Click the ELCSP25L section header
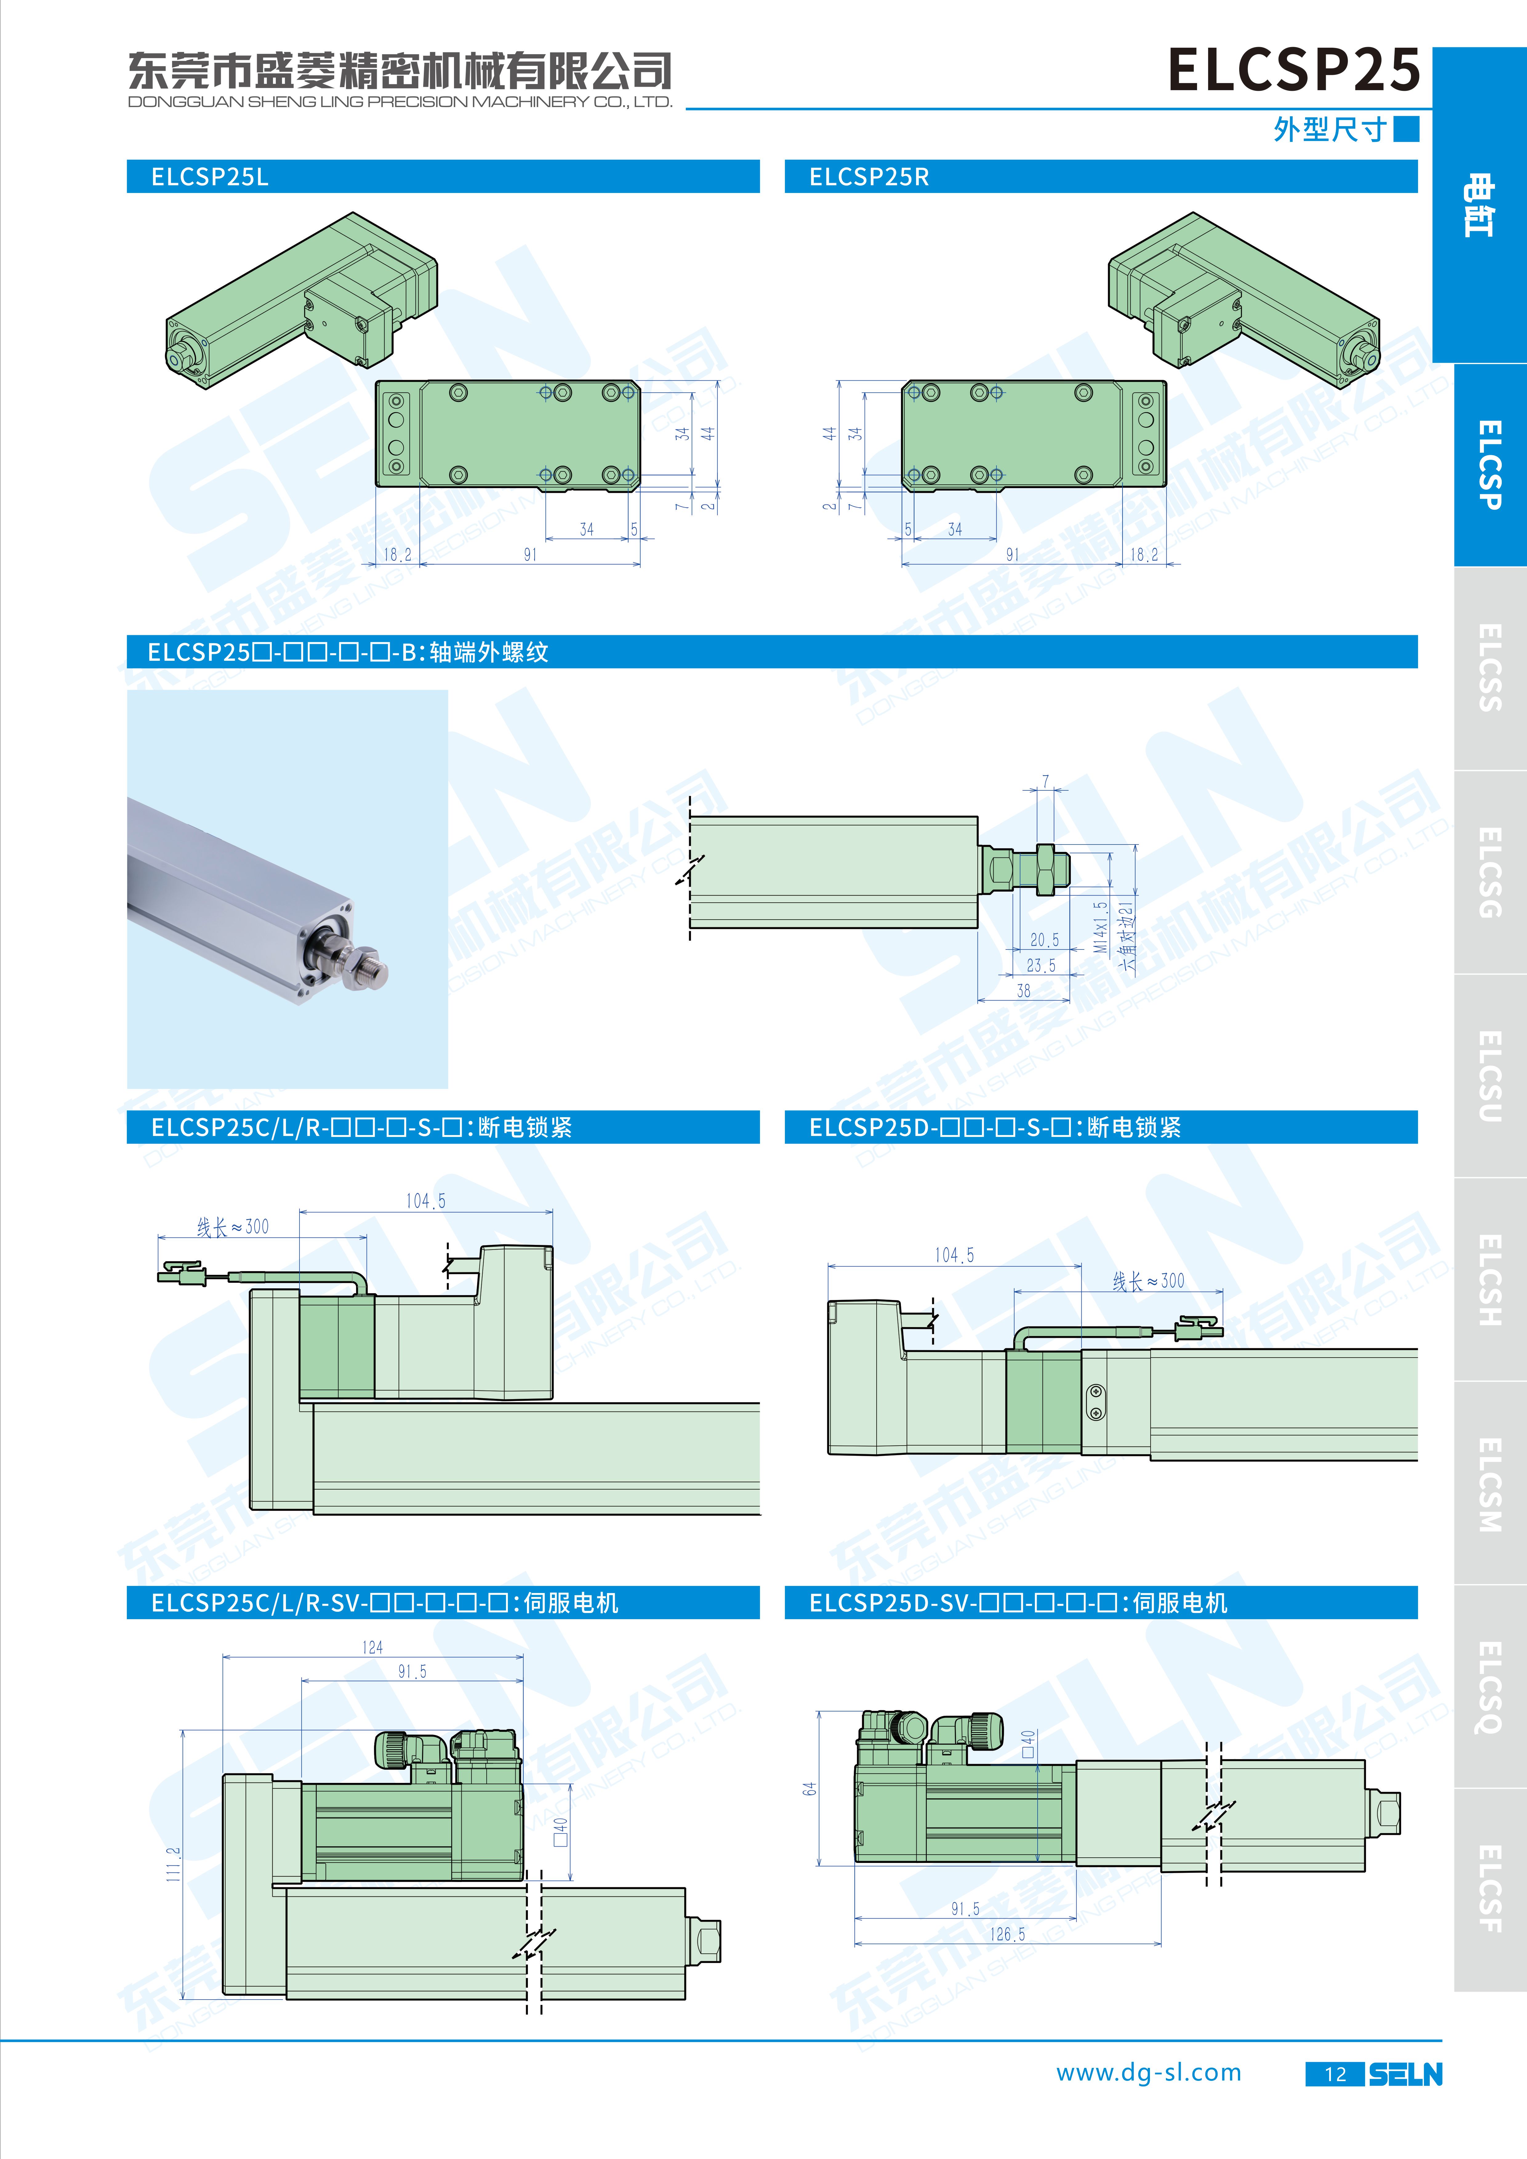[210, 177]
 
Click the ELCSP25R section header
[869, 177]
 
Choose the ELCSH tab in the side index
[1490, 1280]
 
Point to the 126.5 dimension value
[1008, 1934]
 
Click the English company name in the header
[400, 102]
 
